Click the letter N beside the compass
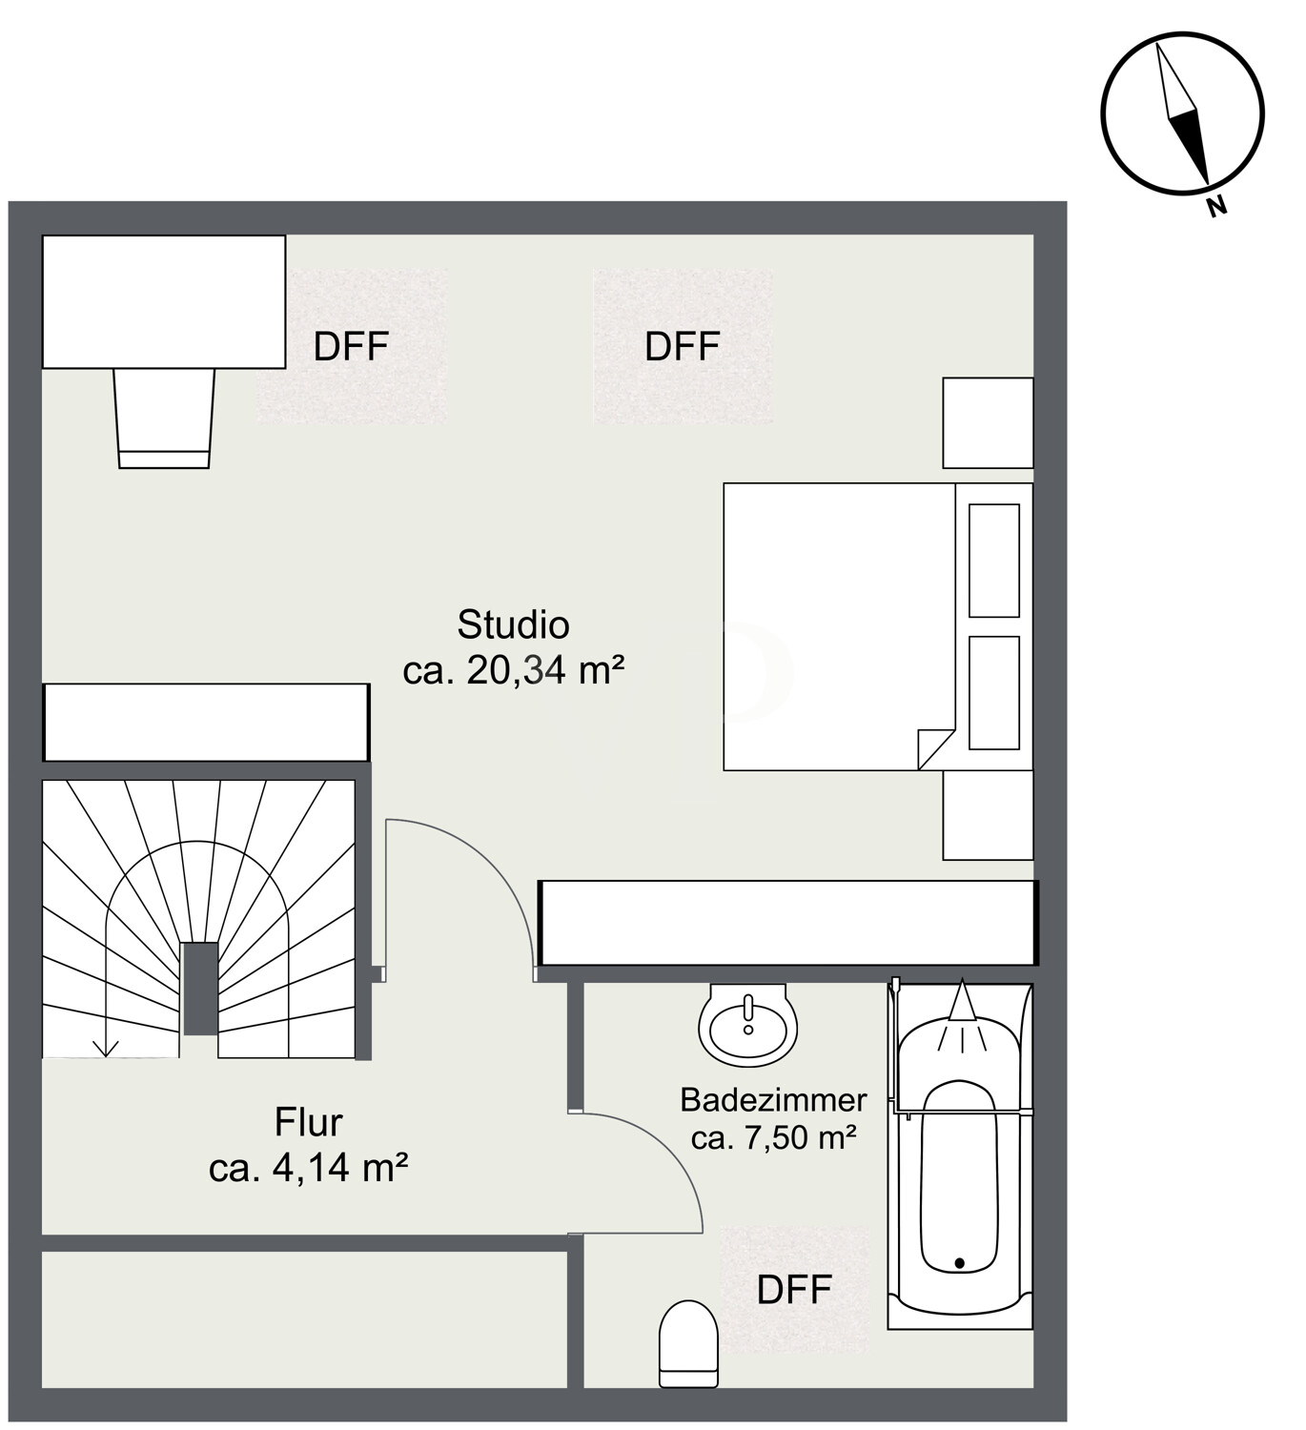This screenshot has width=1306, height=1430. (1216, 206)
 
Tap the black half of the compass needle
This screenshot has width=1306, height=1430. (1191, 144)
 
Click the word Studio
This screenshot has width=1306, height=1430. (513, 625)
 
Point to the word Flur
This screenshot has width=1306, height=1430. (309, 1122)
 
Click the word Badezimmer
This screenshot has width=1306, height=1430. (773, 1100)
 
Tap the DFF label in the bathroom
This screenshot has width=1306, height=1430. (794, 1290)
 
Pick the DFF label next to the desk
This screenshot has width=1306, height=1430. (351, 347)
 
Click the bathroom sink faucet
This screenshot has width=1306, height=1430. (747, 1011)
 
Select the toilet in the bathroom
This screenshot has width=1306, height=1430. (688, 1344)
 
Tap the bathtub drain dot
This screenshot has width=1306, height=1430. (960, 1263)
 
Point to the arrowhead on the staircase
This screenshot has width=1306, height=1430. (106, 1048)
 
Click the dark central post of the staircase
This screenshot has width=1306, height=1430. (200, 988)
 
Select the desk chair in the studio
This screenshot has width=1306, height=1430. (164, 418)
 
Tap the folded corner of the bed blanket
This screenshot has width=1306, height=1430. (935, 750)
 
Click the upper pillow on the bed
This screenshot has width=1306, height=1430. (993, 561)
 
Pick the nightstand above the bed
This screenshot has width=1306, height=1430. (988, 422)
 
